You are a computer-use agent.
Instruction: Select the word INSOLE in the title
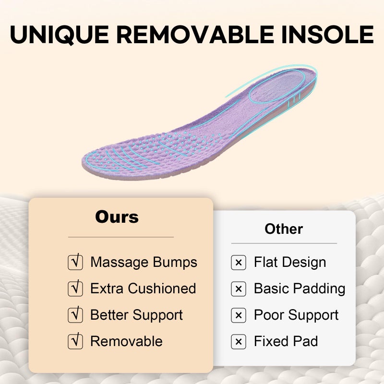[x=328, y=34]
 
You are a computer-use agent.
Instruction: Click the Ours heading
[x=117, y=217]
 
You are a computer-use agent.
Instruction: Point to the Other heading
[x=284, y=229]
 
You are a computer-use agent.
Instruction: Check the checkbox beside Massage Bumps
[x=75, y=262]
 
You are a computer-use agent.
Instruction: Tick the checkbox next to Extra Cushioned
[x=75, y=288]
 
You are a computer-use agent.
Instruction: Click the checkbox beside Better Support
[x=75, y=315]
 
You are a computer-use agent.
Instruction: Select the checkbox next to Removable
[x=75, y=341]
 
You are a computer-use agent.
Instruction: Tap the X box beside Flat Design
[x=239, y=263]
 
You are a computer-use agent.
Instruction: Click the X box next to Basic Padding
[x=239, y=289]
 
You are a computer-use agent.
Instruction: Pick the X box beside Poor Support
[x=239, y=315]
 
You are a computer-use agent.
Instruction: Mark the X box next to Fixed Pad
[x=239, y=342]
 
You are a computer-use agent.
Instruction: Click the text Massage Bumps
[x=144, y=262]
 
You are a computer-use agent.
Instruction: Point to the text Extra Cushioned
[x=143, y=288]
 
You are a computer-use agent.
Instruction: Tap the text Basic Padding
[x=300, y=289]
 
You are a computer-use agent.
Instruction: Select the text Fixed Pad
[x=286, y=341]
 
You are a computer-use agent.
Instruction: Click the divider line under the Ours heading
[x=121, y=237]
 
